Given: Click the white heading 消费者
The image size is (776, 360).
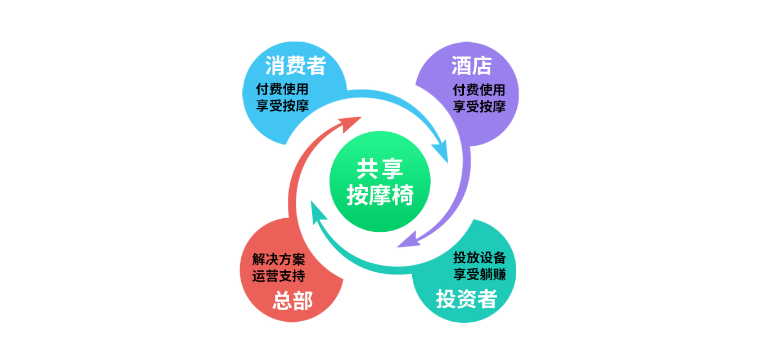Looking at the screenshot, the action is coord(296,65).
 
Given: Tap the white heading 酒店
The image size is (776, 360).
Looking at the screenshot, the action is coord(471,66).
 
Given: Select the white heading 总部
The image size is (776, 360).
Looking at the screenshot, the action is coord(293,300).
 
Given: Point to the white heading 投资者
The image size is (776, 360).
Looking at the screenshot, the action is coord(467,299).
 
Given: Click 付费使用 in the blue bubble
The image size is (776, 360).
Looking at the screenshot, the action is coord(282,89).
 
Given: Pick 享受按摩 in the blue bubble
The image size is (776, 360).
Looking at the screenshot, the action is coord(282,106).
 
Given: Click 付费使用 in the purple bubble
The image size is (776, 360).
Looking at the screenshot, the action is coord(479,90).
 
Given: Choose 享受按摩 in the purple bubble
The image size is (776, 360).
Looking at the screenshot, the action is coord(479,106).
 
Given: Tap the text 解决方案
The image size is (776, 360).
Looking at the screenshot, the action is coord(278,259).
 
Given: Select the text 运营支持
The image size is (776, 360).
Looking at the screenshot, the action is coord(278,276).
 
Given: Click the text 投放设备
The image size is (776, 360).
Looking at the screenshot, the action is coord(480,258).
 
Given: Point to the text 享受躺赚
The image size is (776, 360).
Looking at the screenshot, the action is coord(480,274).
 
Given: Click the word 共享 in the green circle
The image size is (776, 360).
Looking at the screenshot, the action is coord(380,169).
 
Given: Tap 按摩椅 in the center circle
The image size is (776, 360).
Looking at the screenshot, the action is coord(380,195).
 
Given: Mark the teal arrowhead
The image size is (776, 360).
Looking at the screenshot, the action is coord(318,212).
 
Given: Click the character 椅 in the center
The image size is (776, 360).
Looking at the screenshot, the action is coord(403,195).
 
